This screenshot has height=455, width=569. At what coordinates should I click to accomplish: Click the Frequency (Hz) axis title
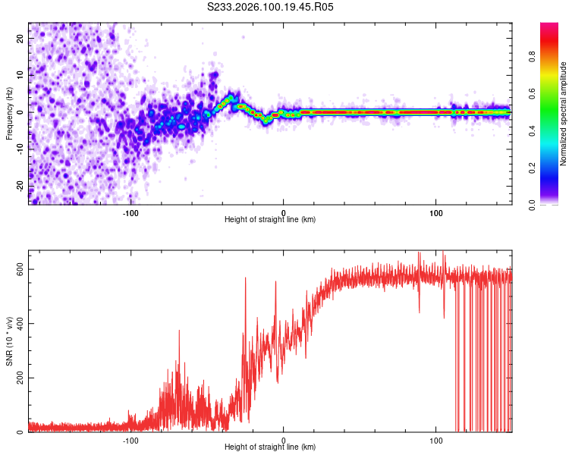[9, 113]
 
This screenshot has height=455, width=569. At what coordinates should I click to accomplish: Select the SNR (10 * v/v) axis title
[9, 341]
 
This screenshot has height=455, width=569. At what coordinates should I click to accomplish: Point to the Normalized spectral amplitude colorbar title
[564, 114]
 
